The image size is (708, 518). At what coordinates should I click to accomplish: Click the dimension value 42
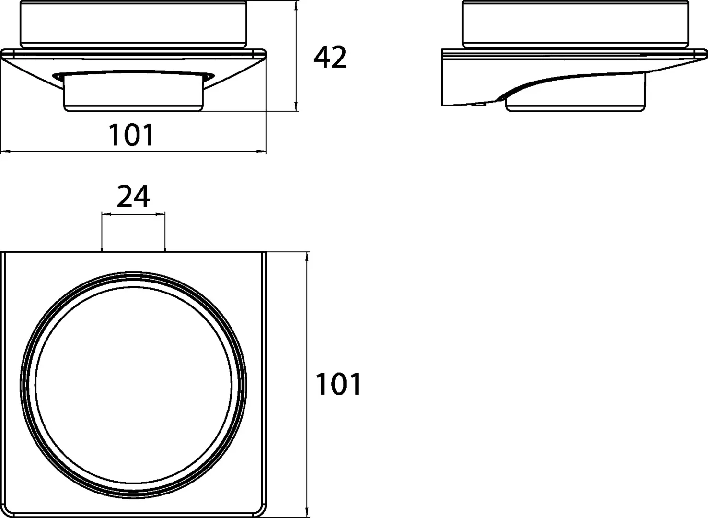point(330,58)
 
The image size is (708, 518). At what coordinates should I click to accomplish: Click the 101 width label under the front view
point(132,135)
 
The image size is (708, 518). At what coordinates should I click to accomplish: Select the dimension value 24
point(133,197)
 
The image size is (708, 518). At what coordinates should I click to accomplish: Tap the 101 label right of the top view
point(338,385)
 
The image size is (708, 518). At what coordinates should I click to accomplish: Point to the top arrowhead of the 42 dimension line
point(297,4)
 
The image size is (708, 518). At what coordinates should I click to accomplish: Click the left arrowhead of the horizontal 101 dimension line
point(4,152)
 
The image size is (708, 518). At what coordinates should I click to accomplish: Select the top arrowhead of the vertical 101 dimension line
point(307,255)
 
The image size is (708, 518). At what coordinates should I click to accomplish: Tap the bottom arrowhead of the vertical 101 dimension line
point(307,514)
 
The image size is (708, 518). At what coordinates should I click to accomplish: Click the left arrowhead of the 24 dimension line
point(104,214)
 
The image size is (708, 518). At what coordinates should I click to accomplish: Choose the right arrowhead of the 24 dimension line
point(162,214)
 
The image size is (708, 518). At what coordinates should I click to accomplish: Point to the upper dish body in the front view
point(133,24)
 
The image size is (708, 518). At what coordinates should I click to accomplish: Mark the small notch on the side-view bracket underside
point(477,104)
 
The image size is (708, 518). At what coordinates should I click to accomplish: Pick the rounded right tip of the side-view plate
point(704,52)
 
